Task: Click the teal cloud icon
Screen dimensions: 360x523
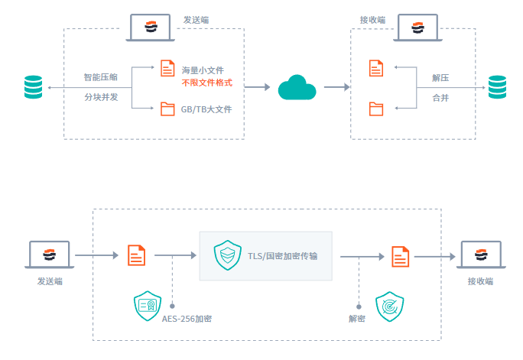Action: (297, 88)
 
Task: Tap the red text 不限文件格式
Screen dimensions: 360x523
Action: (206, 83)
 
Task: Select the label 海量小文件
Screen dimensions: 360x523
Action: (203, 70)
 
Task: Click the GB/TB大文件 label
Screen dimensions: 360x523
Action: (206, 109)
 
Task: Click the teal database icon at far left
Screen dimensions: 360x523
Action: (33, 87)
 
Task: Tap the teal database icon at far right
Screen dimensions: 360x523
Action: (498, 87)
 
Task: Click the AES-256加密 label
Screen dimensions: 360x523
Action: (187, 318)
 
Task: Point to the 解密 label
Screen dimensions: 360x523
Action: (356, 318)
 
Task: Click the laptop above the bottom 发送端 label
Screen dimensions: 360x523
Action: (50, 255)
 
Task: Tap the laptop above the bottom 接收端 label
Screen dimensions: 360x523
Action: (479, 255)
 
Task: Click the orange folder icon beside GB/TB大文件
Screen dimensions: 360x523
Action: (167, 109)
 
